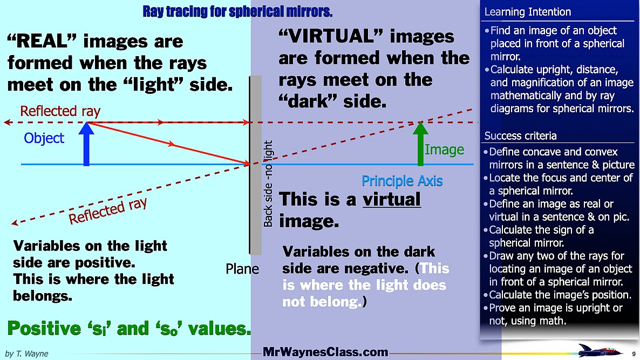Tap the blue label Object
tap(44, 139)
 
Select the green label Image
tap(444, 150)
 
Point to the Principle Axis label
tap(402, 181)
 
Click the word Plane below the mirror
tap(242, 269)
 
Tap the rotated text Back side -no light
tap(269, 184)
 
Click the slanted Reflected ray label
tap(108, 210)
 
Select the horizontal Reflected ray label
tap(60, 112)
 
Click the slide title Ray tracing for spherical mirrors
tap(237, 11)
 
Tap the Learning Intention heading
tap(527, 12)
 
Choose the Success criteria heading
tap(520, 135)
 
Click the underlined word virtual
tap(392, 200)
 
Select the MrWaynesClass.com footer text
tap(325, 352)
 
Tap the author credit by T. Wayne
tap(26, 354)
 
